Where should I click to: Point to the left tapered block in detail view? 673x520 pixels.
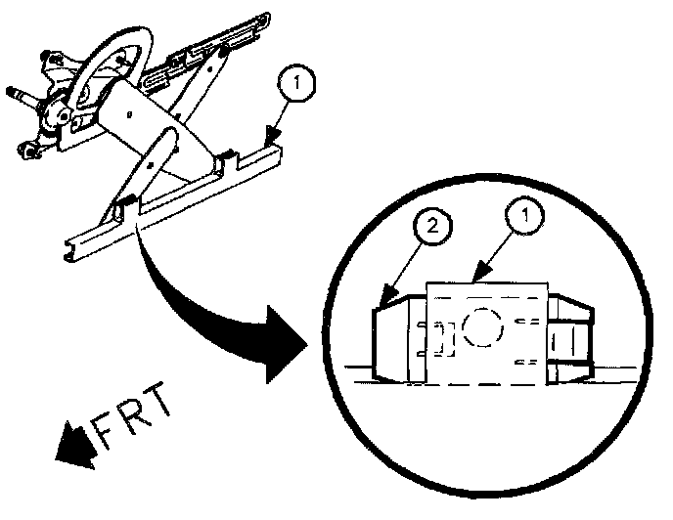click(397, 340)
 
